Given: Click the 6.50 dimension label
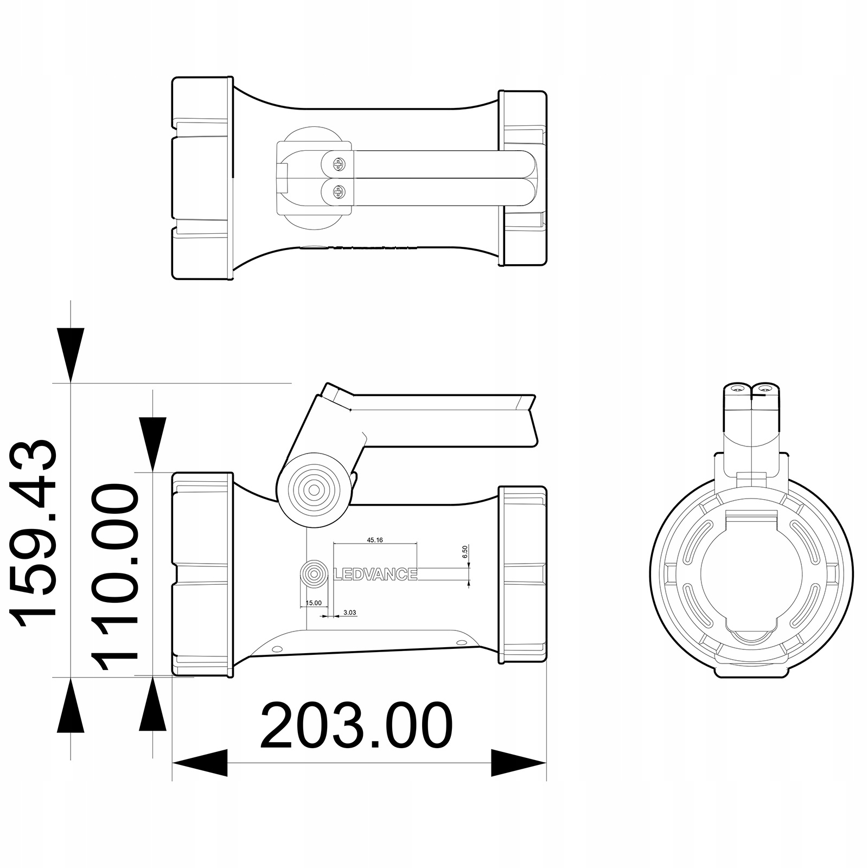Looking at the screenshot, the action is pyautogui.click(x=465, y=552).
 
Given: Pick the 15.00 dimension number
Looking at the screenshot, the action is pyautogui.click(x=314, y=603).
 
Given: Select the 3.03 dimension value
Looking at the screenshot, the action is pyautogui.click(x=350, y=612).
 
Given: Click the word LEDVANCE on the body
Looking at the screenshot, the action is pyautogui.click(x=374, y=574).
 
